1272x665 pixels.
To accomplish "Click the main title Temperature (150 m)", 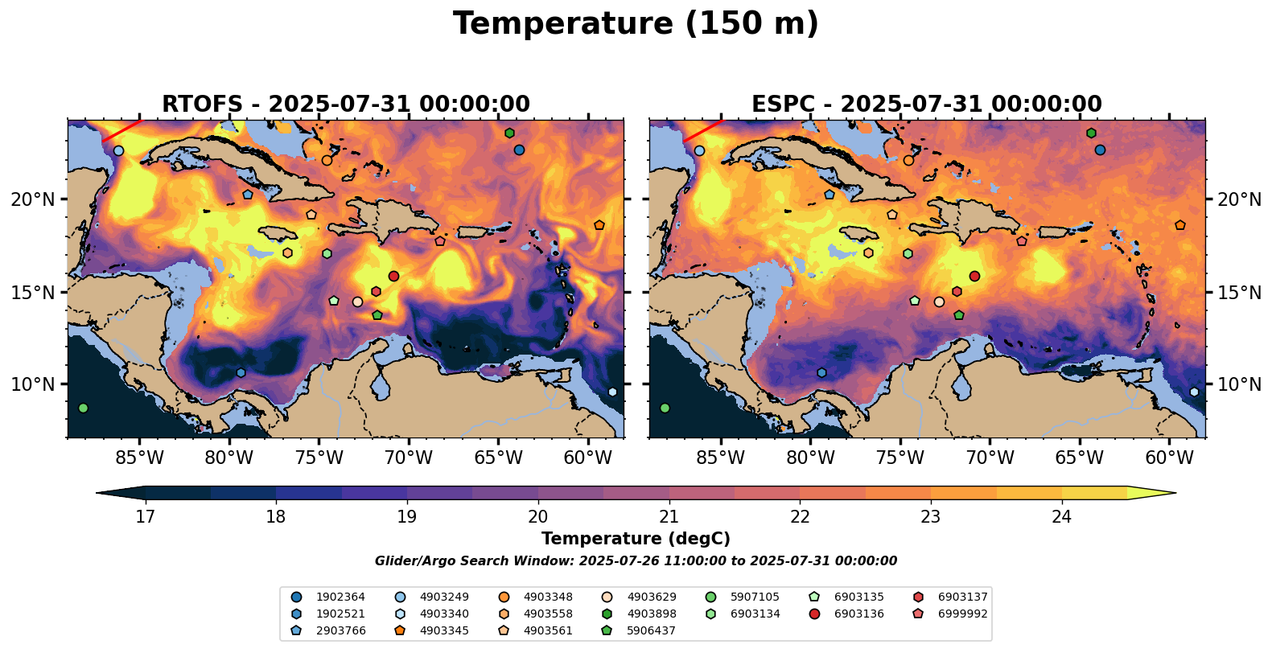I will click(x=636, y=24).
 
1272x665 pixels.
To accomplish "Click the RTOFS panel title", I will click(x=346, y=105).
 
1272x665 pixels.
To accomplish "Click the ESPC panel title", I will click(x=927, y=105).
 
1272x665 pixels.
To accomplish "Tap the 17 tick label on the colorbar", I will click(x=145, y=516).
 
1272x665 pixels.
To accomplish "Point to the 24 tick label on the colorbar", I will click(x=1061, y=516).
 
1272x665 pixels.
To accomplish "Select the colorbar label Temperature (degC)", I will click(x=636, y=539).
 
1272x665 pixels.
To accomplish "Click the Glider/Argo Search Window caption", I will click(x=636, y=561).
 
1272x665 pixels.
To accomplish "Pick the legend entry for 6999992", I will click(x=962, y=614).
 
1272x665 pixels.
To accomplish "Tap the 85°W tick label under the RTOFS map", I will click(x=140, y=458).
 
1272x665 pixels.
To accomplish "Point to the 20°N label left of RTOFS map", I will click(x=33, y=199).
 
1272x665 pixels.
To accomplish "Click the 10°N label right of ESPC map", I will click(x=1239, y=384).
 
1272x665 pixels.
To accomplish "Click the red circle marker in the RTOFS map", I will click(x=393, y=276).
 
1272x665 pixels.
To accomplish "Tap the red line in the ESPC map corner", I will click(x=702, y=131).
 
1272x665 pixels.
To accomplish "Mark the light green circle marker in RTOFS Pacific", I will click(x=83, y=408).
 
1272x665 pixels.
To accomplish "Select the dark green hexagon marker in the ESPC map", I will click(x=1091, y=133).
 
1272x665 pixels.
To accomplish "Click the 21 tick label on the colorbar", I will click(x=669, y=516).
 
